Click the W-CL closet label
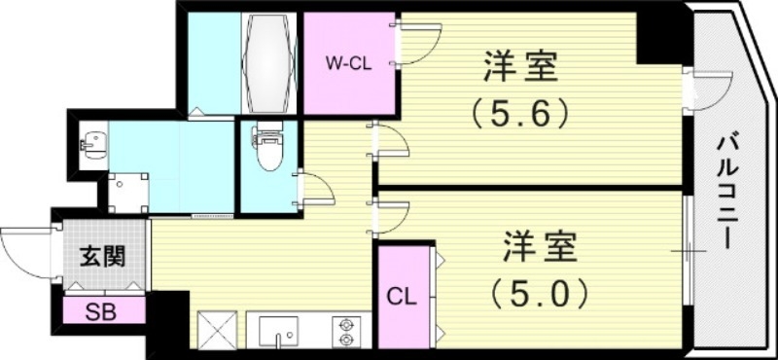click(348, 63)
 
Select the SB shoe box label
click(97, 312)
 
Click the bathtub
click(269, 62)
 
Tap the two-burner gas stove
click(347, 331)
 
